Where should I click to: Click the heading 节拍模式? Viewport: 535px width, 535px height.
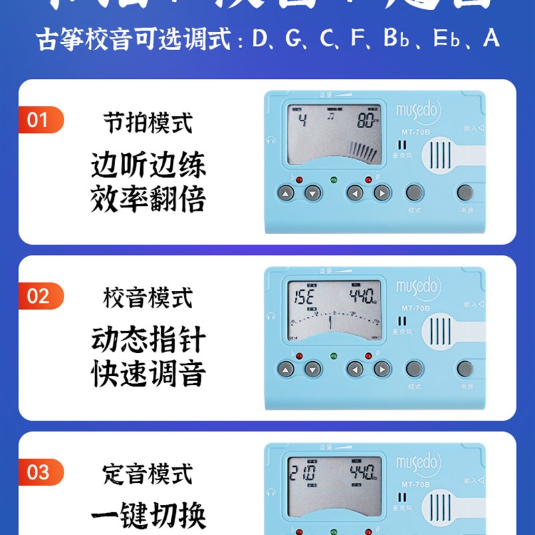pyautogui.click(x=148, y=122)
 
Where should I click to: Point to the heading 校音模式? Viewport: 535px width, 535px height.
pyautogui.click(x=148, y=298)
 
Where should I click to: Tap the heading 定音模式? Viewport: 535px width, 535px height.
pyautogui.click(x=148, y=474)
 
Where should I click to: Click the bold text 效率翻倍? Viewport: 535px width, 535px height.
pyautogui.click(x=148, y=199)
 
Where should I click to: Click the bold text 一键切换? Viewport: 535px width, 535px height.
pyautogui.click(x=148, y=516)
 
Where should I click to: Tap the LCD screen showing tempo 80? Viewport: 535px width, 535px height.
pyautogui.click(x=333, y=134)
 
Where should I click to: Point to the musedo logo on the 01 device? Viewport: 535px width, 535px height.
pyautogui.click(x=419, y=112)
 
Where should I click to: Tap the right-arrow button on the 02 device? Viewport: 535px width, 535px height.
pyautogui.click(x=381, y=369)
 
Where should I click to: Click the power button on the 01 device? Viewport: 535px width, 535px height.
pyautogui.click(x=465, y=193)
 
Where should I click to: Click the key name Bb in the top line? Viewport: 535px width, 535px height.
pyautogui.click(x=395, y=37)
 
